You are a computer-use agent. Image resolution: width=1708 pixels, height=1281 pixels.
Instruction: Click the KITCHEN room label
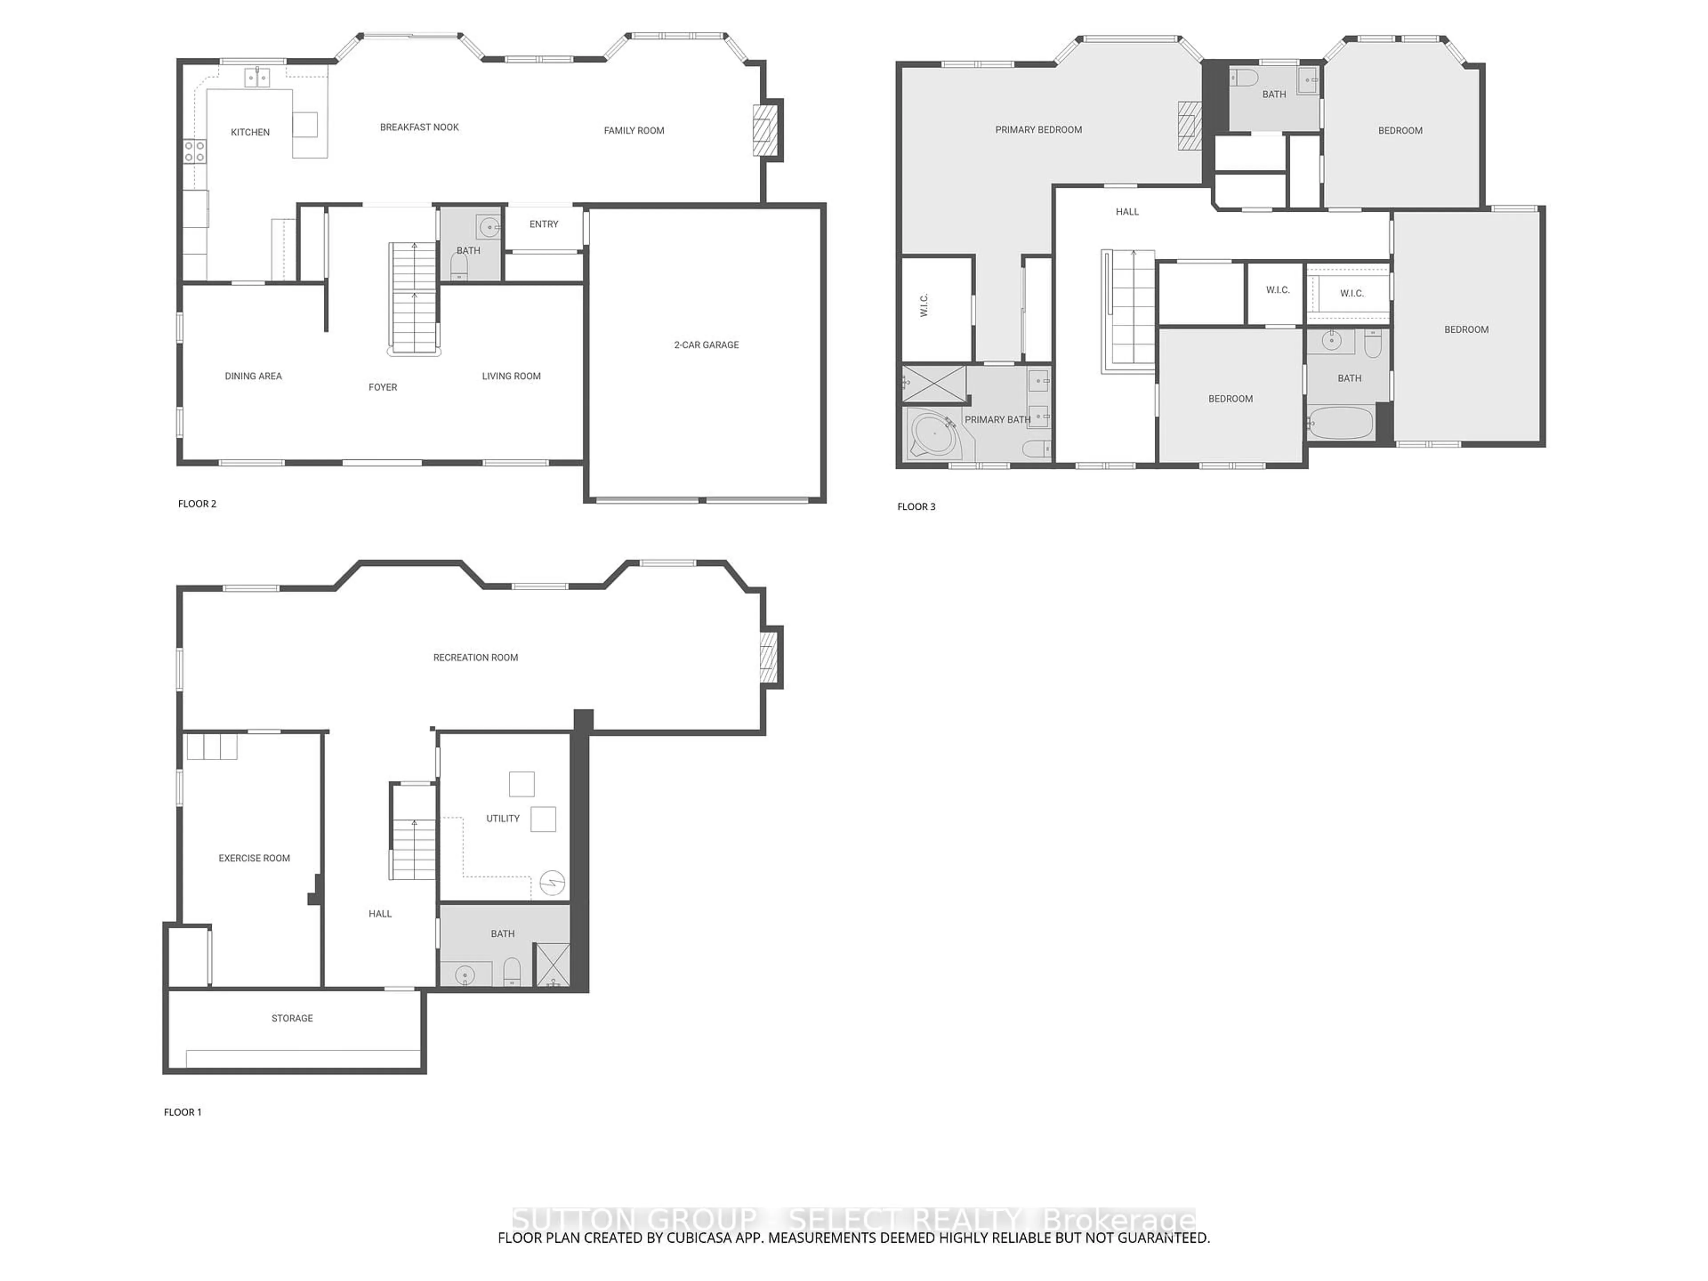[x=250, y=132]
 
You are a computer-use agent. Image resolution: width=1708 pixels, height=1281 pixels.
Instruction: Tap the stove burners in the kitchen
[x=194, y=151]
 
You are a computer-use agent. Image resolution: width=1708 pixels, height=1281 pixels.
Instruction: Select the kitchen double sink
[x=257, y=77]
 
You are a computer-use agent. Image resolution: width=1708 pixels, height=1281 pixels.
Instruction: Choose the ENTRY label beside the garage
[x=544, y=224]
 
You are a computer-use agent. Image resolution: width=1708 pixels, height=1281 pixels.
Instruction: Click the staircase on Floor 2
[x=414, y=297]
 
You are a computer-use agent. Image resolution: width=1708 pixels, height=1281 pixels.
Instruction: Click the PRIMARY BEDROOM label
[x=1038, y=130]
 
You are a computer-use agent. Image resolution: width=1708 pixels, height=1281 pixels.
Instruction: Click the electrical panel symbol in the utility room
[x=552, y=882]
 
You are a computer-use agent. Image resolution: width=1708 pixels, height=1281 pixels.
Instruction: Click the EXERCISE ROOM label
[x=254, y=858]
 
